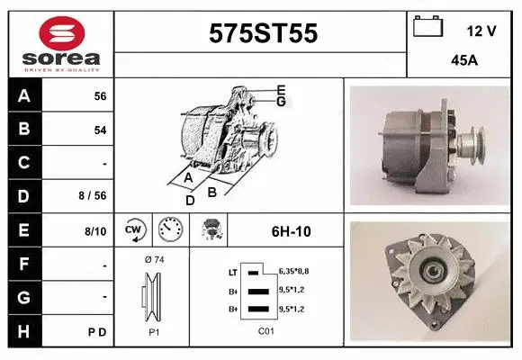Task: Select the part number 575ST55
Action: pos(263,33)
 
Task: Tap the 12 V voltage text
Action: pos(481,31)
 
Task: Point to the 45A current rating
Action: pos(464,62)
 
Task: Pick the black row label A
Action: pos(24,95)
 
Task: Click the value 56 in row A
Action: pos(100,96)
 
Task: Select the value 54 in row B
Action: pos(100,130)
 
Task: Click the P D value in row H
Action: pos(97,331)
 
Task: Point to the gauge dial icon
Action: pos(171,230)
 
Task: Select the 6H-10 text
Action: pos(291,231)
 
